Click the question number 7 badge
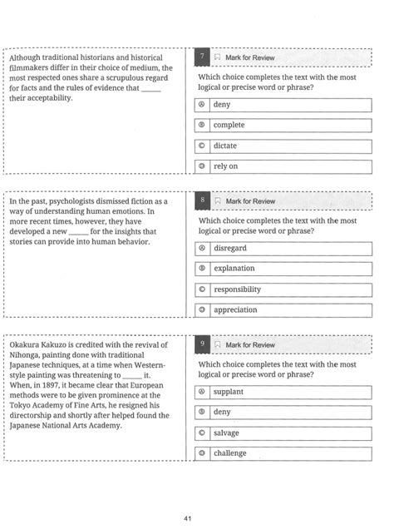point(202,57)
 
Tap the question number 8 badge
point(202,201)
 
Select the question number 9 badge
point(202,344)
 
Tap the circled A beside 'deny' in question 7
point(202,105)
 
